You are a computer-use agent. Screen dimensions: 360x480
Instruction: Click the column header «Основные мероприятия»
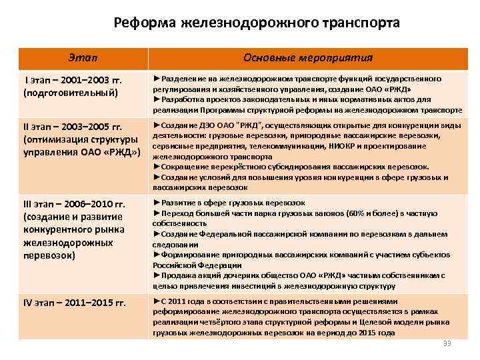point(308,57)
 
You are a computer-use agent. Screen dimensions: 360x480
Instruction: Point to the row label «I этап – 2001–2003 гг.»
point(73,81)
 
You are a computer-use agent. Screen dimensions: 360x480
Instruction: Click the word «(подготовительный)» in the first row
point(71,92)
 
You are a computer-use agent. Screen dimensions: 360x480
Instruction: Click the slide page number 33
point(447,343)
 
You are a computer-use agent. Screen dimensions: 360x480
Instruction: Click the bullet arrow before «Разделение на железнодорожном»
point(157,79)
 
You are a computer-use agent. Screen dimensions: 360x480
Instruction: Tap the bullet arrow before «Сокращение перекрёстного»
point(157,167)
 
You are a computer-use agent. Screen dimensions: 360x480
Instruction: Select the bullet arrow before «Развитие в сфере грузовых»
point(157,201)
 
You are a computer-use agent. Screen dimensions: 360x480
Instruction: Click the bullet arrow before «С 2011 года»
point(157,301)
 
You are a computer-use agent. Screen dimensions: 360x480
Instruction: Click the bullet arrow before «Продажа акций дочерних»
point(157,275)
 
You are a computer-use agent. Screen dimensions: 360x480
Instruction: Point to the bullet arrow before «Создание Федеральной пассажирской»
point(157,233)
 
